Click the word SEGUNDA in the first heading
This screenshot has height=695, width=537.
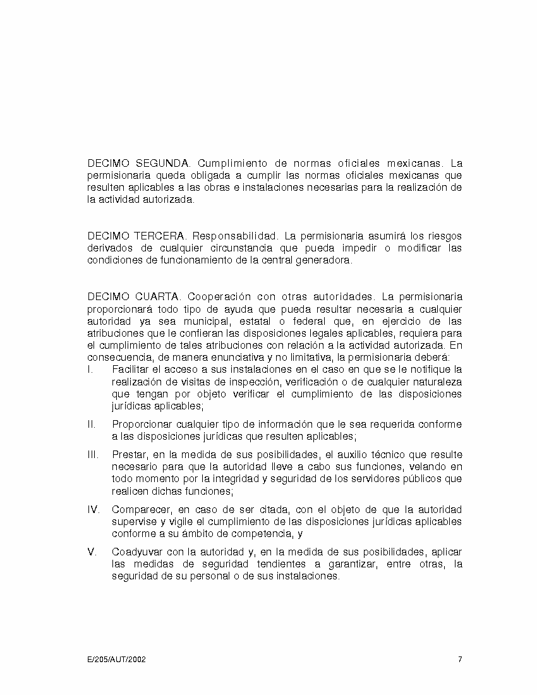(x=163, y=164)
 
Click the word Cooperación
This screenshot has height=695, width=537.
(x=219, y=296)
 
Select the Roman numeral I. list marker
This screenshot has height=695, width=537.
(x=90, y=369)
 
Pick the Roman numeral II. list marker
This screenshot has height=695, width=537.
(x=91, y=424)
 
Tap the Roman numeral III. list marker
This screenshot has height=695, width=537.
(x=92, y=454)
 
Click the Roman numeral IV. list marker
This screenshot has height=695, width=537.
(x=93, y=509)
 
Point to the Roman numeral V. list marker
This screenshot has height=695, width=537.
(x=92, y=552)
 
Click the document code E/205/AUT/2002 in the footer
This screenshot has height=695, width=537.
(x=116, y=660)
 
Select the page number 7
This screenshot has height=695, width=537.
(x=460, y=660)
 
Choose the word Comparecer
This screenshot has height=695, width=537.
(x=140, y=509)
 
